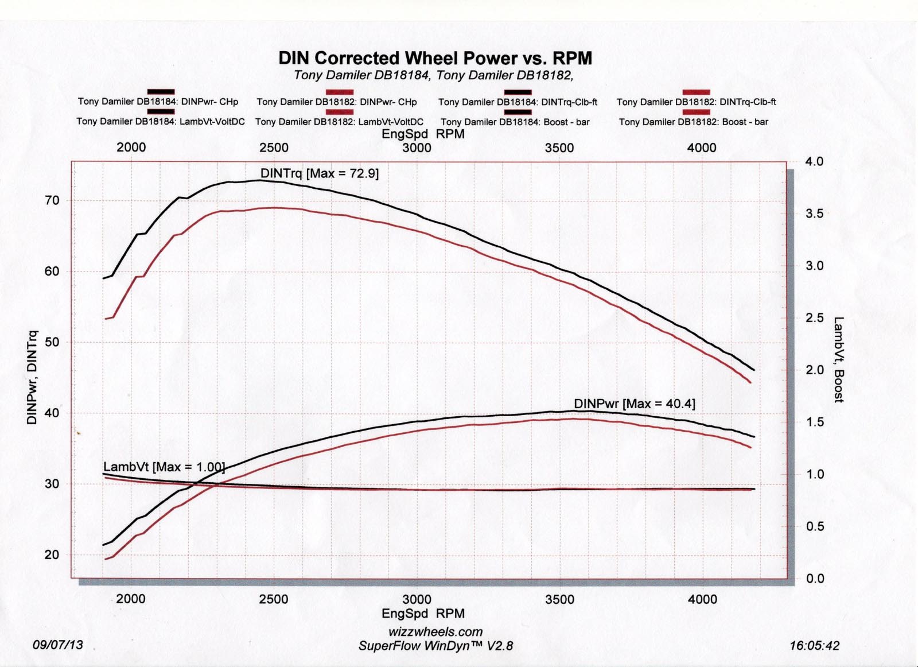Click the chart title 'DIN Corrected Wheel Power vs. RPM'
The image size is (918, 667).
[435, 58]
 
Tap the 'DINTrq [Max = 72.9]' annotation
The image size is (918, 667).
[320, 173]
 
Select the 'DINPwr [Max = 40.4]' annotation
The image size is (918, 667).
[635, 404]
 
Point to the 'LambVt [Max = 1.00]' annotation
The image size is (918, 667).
[164, 467]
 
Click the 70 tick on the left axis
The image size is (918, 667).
[52, 200]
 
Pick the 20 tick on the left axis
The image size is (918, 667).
[52, 554]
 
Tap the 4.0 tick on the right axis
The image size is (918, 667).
[814, 161]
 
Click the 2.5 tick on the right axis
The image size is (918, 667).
[814, 318]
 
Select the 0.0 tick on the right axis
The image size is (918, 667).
[814, 579]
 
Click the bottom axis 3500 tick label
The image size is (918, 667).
[560, 599]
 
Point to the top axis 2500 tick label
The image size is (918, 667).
[274, 148]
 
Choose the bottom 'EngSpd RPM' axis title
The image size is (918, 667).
[423, 614]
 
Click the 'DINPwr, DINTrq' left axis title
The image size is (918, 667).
[32, 378]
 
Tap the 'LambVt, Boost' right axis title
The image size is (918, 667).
[839, 359]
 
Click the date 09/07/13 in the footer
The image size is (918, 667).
[58, 645]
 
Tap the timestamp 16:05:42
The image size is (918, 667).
[814, 646]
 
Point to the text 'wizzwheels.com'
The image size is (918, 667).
[435, 632]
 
